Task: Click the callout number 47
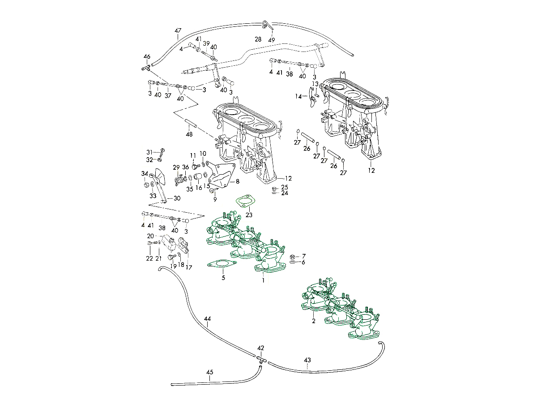tap(178, 31)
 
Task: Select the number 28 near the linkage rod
tap(258, 39)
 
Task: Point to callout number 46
tap(147, 56)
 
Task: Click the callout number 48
tap(189, 134)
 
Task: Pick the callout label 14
tap(298, 96)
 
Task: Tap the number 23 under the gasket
tap(249, 215)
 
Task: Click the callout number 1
tap(264, 280)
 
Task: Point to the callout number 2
tap(314, 321)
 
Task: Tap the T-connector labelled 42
tap(261, 358)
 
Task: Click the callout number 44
tap(208, 319)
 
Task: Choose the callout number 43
tap(307, 360)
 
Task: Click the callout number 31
tap(149, 152)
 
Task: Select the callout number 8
tap(238, 181)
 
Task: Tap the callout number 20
tap(150, 236)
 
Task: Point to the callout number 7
tap(303, 255)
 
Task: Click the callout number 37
tap(168, 95)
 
